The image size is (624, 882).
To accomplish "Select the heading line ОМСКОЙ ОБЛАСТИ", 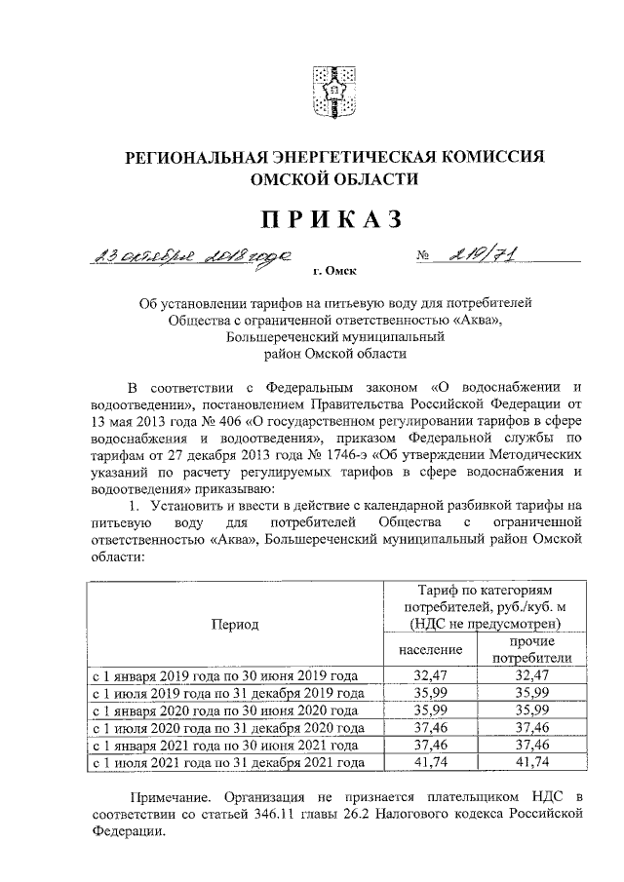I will pyautogui.click(x=334, y=179).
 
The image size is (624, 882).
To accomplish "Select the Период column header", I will pyautogui.click(x=234, y=624).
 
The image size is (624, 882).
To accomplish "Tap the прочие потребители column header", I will pyautogui.click(x=531, y=650).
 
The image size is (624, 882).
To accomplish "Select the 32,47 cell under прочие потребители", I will pyautogui.click(x=531, y=674).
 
